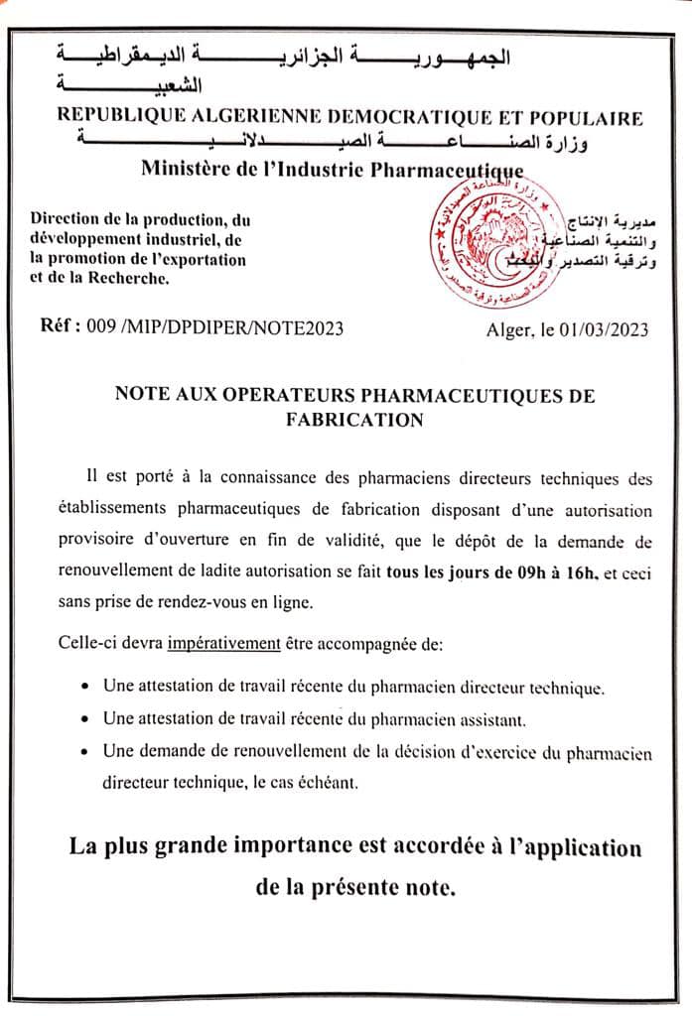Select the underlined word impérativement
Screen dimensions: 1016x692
[223, 643]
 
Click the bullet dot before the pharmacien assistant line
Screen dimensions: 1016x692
[86, 718]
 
